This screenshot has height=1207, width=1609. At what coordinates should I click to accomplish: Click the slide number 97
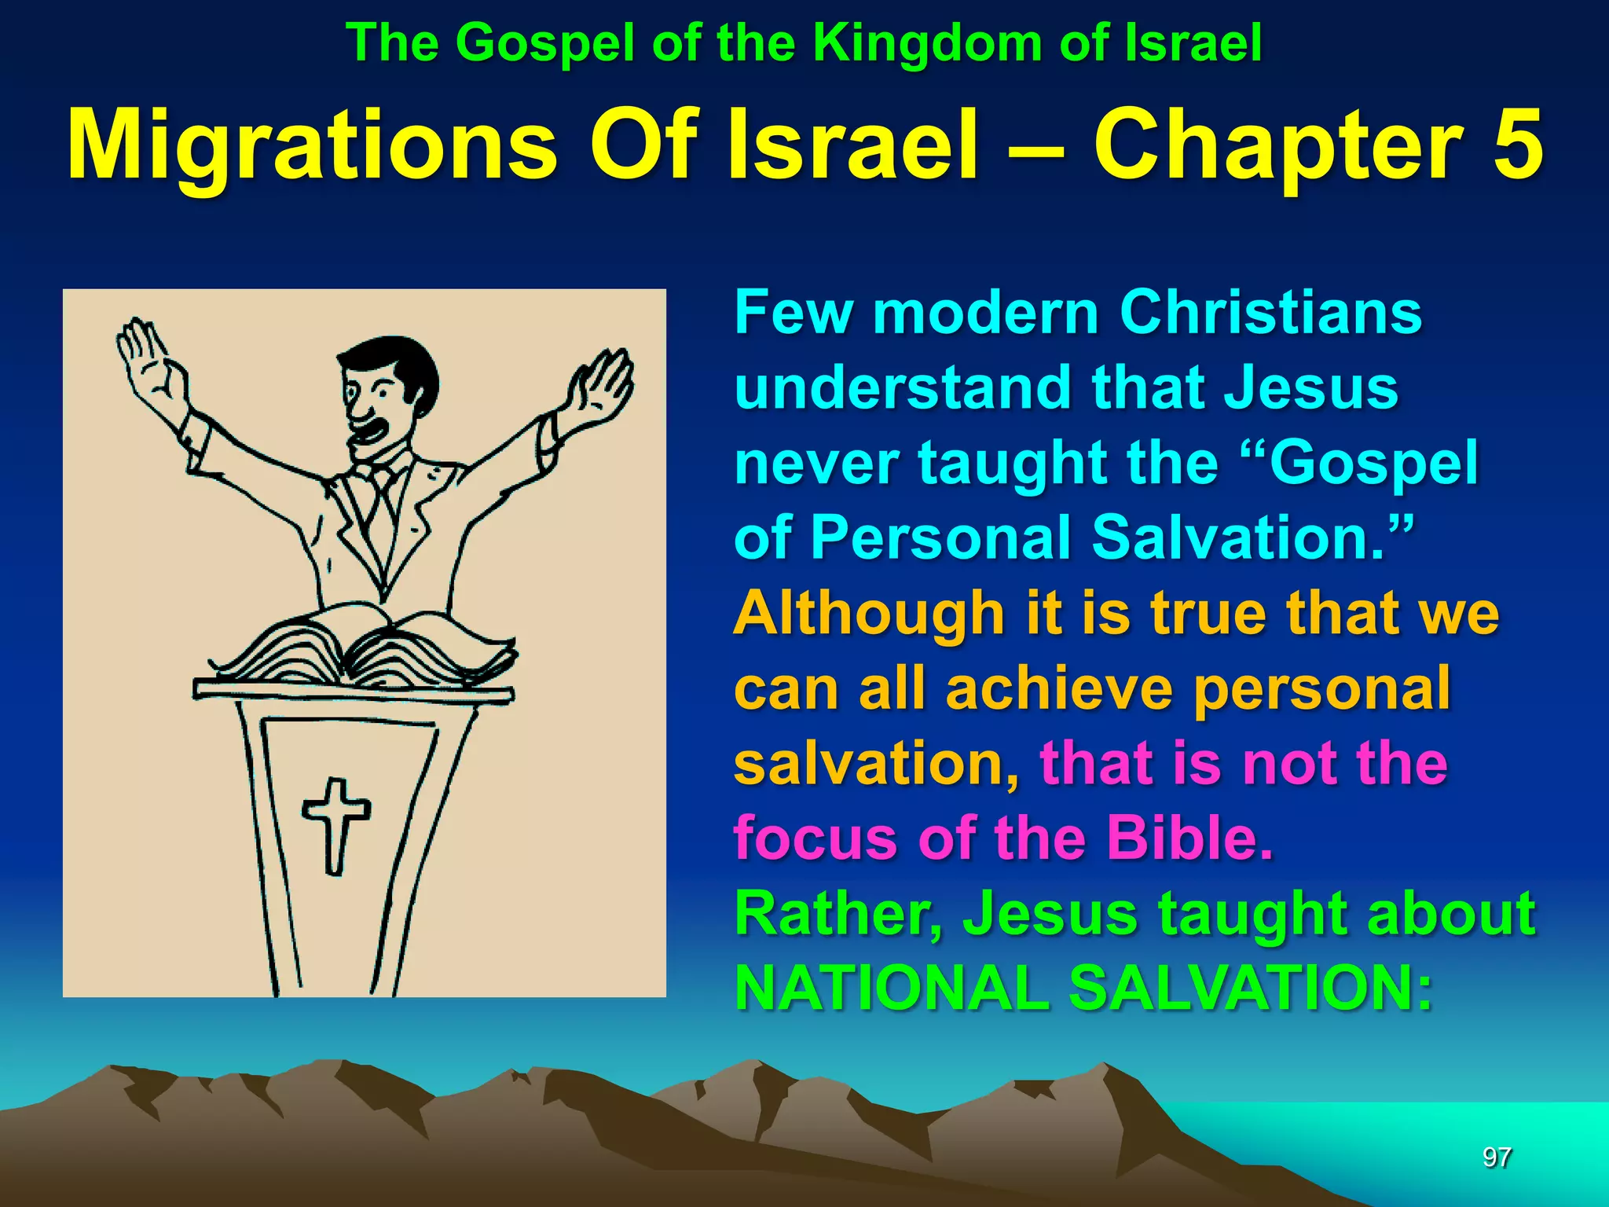pyautogui.click(x=1497, y=1157)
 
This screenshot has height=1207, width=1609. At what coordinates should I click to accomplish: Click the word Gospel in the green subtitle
pyautogui.click(x=545, y=43)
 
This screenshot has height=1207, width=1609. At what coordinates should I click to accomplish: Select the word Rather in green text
pyautogui.click(x=837, y=914)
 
